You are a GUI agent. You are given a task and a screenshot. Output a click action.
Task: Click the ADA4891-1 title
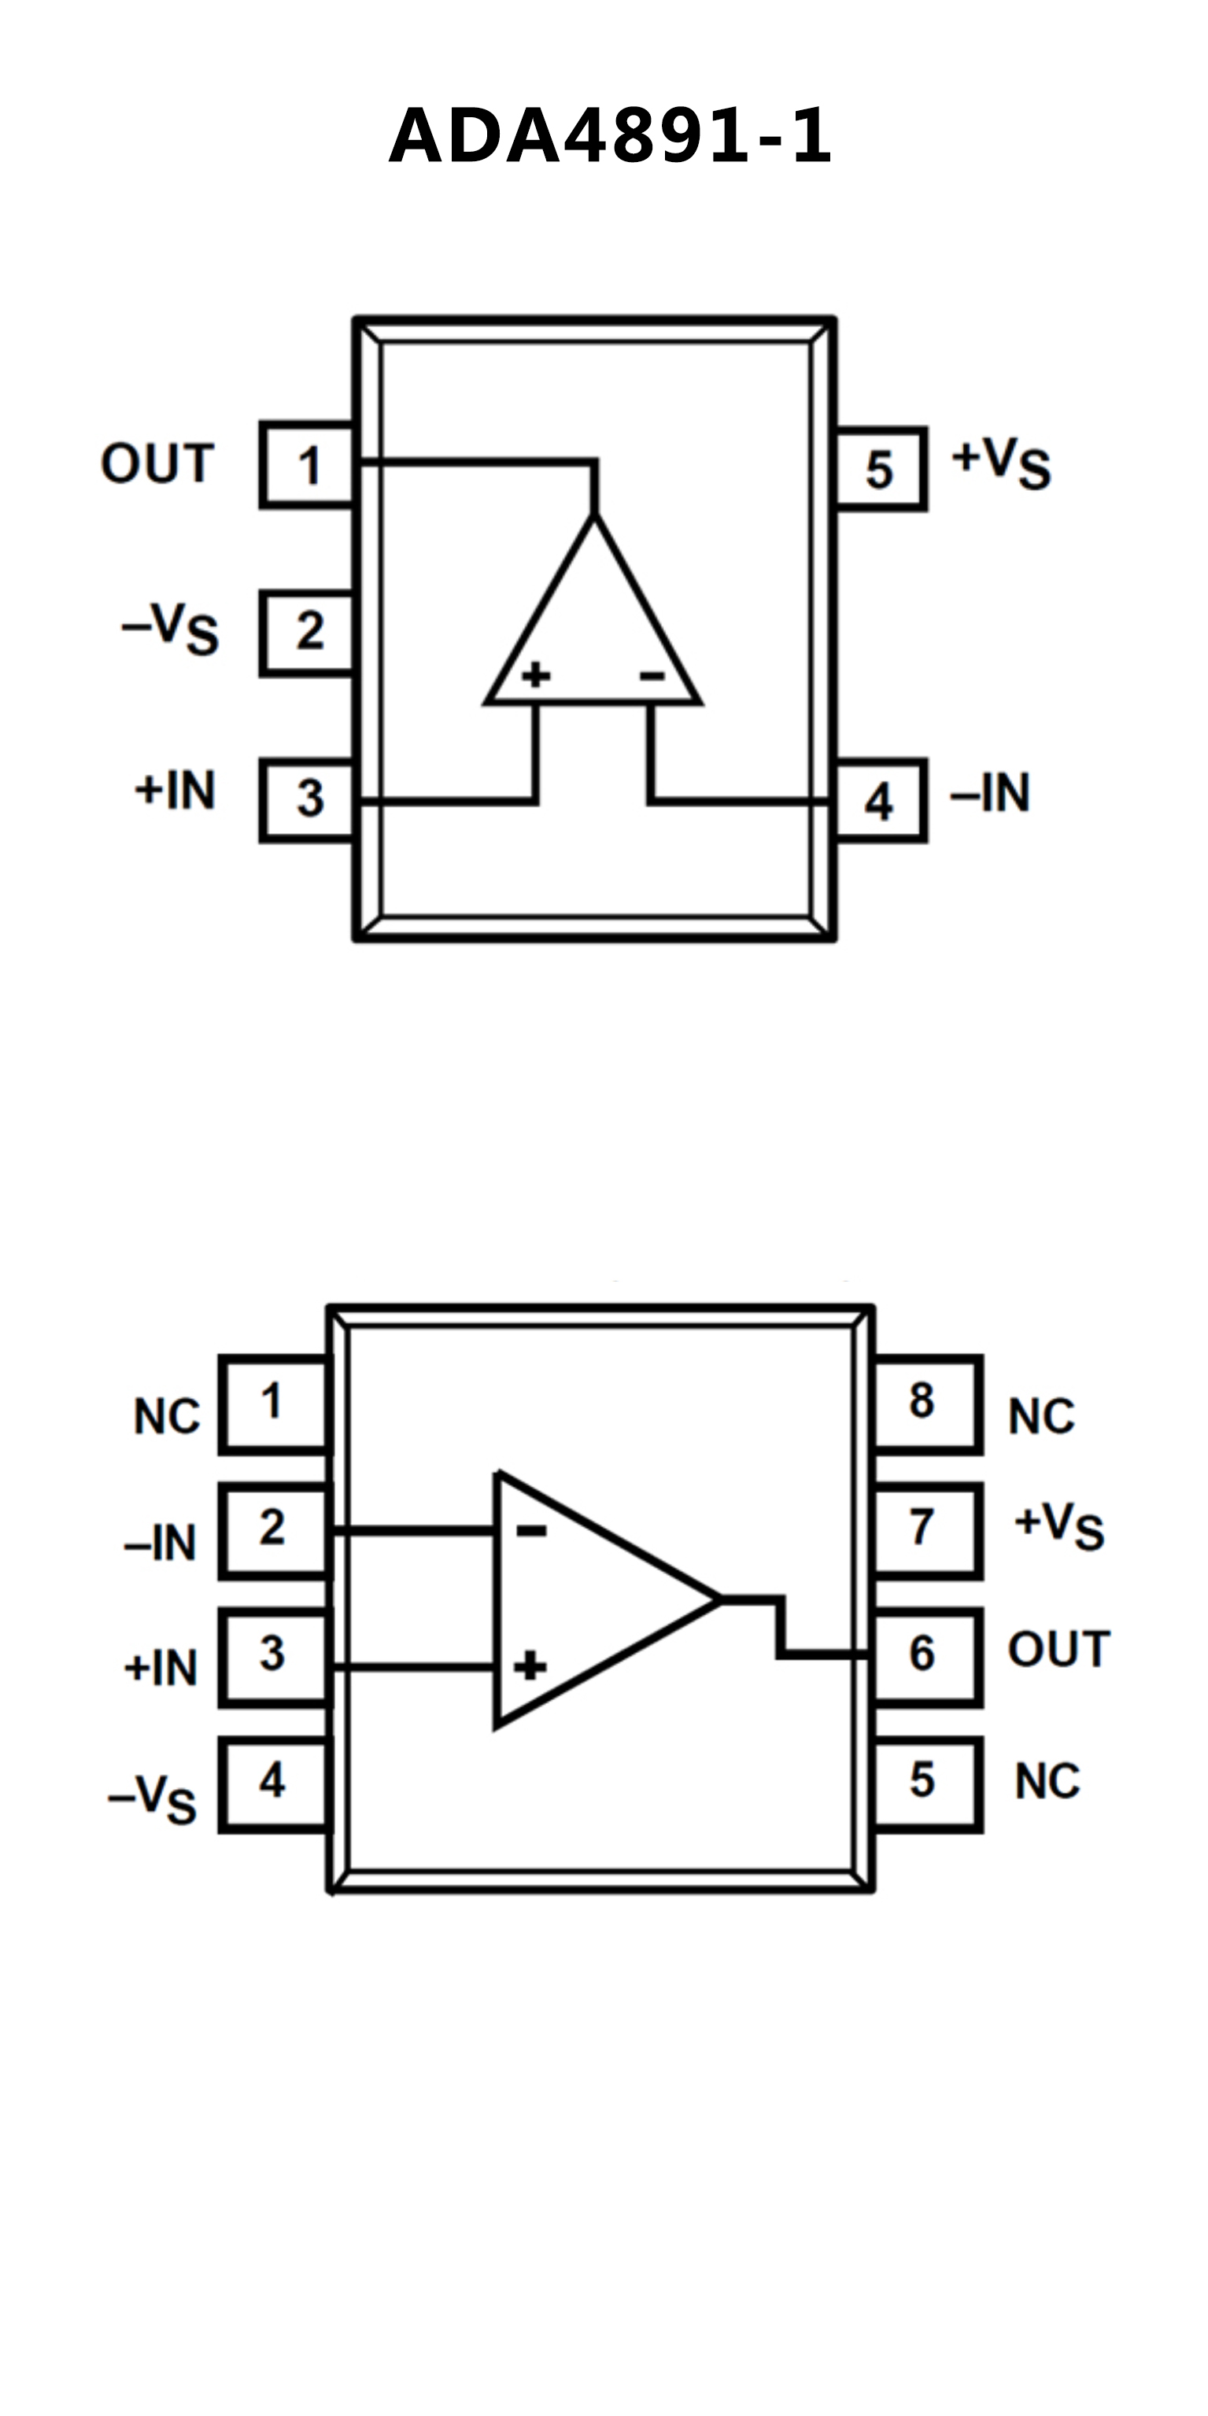pyautogui.click(x=610, y=137)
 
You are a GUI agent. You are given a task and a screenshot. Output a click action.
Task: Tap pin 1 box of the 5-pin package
pyautogui.click(x=308, y=465)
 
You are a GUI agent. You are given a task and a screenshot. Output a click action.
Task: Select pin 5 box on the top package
pyautogui.click(x=880, y=469)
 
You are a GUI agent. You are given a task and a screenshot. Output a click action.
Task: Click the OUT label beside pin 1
pyautogui.click(x=157, y=463)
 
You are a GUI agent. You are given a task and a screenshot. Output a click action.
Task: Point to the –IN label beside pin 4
pyautogui.click(x=991, y=794)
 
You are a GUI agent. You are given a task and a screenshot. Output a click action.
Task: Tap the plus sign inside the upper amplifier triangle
pyautogui.click(x=536, y=674)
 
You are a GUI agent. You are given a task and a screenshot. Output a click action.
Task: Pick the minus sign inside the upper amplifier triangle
pyautogui.click(x=652, y=675)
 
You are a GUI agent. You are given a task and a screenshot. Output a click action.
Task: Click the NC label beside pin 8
pyautogui.click(x=1041, y=1416)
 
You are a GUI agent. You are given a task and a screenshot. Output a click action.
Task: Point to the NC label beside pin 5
pyautogui.click(x=1047, y=1781)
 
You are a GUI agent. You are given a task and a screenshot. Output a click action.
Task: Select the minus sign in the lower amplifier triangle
pyautogui.click(x=531, y=1531)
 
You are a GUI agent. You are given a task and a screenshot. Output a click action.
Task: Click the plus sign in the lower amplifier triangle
pyautogui.click(x=530, y=1666)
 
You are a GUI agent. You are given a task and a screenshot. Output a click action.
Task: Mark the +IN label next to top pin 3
pyautogui.click(x=175, y=790)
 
